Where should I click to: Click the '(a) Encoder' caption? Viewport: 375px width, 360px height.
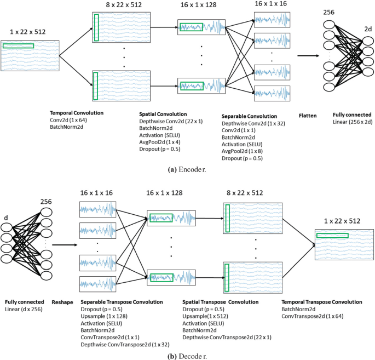pos(187,170)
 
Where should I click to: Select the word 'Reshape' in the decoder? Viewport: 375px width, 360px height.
pos(62,302)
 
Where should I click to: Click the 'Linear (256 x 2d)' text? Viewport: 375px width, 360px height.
pos(351,123)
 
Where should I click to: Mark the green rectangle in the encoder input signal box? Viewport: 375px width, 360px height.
pos(18,46)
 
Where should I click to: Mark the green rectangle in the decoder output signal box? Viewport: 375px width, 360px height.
pos(332,236)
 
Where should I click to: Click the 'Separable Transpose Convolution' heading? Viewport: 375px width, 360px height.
pos(122,302)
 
